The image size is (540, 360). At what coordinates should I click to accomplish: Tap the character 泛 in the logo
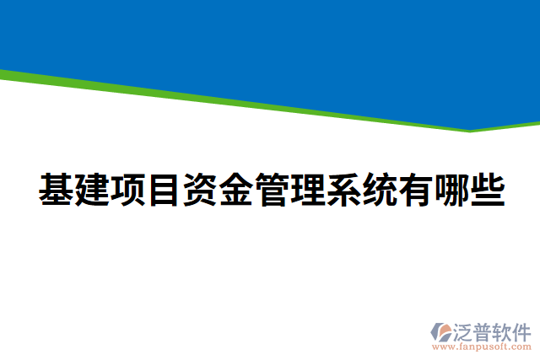pos(467,330)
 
